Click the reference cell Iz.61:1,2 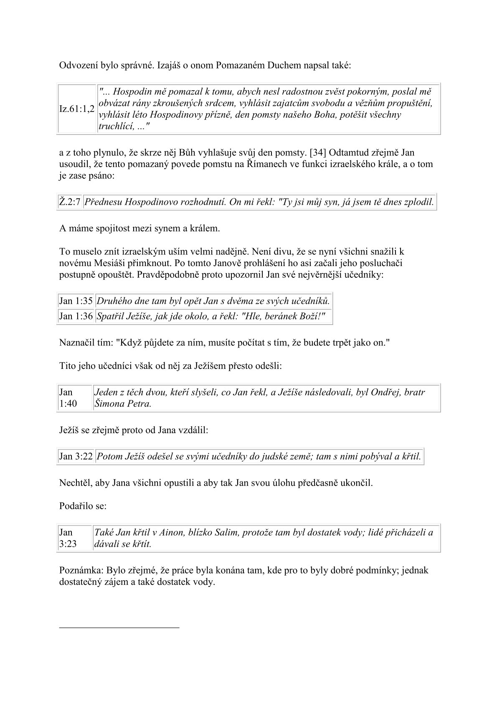point(77,109)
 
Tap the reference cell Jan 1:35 point(76,301)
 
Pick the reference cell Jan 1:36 point(76,316)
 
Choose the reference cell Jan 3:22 point(76,456)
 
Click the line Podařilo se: point(83,506)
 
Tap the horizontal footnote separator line point(119,627)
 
